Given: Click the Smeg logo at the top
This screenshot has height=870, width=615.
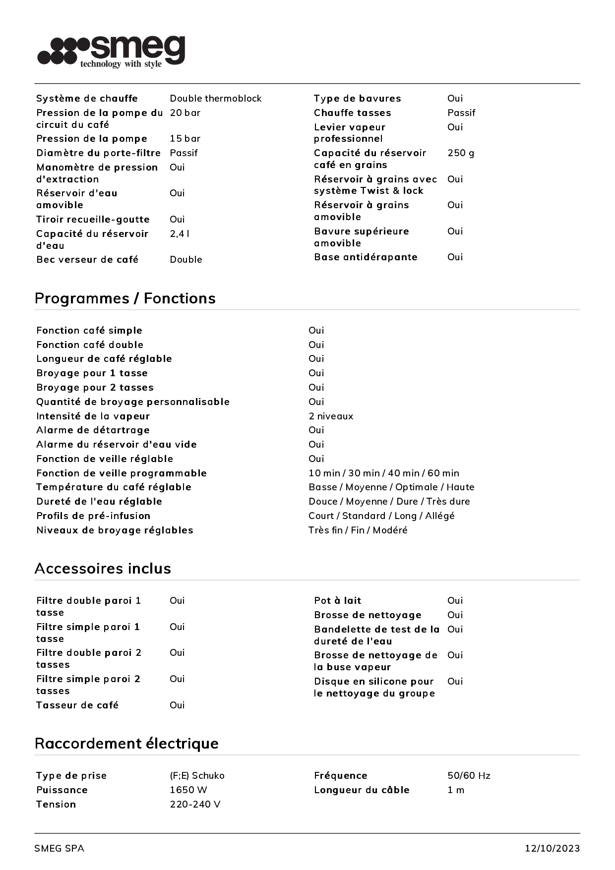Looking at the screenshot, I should point(112,51).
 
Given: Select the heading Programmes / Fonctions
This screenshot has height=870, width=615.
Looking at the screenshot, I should point(125,298).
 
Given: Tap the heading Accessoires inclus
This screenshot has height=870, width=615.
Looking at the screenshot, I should point(103,569).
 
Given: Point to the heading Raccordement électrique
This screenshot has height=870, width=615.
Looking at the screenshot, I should point(126,744).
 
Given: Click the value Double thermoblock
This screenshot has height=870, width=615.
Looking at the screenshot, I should point(215,99).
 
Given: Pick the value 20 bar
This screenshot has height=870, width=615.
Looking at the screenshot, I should point(185,113).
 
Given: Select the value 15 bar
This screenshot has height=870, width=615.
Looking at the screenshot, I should point(185,139).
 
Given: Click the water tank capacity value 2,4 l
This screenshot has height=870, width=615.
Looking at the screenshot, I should point(180,234).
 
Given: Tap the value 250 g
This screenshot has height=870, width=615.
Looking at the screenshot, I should point(460,153).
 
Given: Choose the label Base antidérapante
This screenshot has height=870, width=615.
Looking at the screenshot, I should point(366,257).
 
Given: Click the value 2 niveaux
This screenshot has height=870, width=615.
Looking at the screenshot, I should point(331,416).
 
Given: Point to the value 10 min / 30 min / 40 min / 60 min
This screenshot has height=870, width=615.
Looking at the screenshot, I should point(383,473).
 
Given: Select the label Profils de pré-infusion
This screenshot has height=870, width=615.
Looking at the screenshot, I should point(93,516).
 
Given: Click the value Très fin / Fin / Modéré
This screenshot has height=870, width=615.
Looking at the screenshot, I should point(358,530).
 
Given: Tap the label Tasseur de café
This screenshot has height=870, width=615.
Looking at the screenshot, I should point(77,705).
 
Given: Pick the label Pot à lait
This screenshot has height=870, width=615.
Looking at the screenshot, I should point(337,601).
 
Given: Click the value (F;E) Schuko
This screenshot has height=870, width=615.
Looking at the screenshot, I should point(197,776).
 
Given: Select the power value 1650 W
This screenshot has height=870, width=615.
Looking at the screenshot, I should point(188,790).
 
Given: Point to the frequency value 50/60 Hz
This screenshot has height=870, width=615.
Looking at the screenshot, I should point(469,776).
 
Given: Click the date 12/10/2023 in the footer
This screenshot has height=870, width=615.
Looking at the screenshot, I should point(552,849).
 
